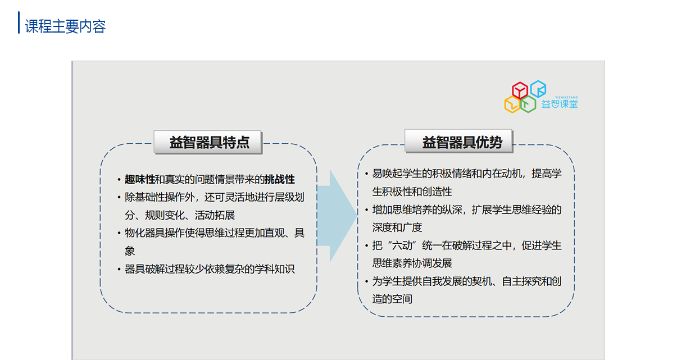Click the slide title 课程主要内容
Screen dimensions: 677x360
tap(65, 26)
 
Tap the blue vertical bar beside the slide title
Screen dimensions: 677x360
tap(19, 22)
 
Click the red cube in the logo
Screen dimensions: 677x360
tap(520, 90)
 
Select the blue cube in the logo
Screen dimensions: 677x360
tap(538, 89)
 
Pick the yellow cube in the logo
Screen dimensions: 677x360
tap(512, 104)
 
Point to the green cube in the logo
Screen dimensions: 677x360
tap(528, 104)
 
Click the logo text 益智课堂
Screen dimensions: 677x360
tap(560, 104)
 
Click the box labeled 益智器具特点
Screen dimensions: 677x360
tap(208, 142)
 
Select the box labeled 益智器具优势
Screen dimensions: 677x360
tap(458, 142)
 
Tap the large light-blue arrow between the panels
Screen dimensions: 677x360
tap(337, 216)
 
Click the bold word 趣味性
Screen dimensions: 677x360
tap(140, 179)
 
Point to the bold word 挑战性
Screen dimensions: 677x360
tap(280, 179)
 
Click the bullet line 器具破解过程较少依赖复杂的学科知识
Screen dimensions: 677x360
tap(210, 269)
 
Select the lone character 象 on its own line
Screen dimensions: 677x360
tap(130, 251)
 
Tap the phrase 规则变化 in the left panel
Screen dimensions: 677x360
tap(165, 215)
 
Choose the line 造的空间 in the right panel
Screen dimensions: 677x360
tap(392, 299)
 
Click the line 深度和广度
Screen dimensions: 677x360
tap(397, 227)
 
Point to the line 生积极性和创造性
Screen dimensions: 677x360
tap(412, 192)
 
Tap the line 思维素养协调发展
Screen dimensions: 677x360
tap(412, 263)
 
